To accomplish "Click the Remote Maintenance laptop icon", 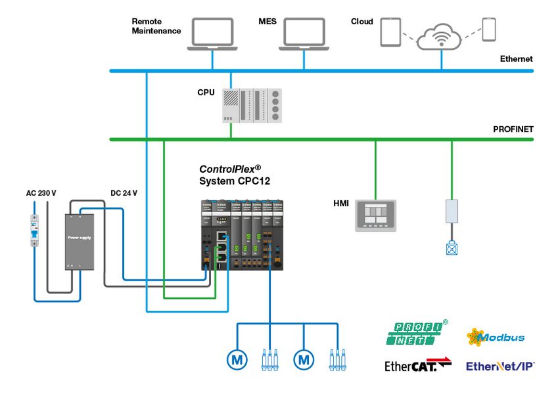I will pyautogui.click(x=212, y=33).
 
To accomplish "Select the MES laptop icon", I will pyautogui.click(x=303, y=33).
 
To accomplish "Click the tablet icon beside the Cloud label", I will pyautogui.click(x=390, y=32).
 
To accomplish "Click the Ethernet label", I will pyautogui.click(x=516, y=59).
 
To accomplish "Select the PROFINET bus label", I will pyautogui.click(x=513, y=129).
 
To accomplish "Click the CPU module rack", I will pyautogui.click(x=252, y=105).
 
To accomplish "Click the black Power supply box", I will pyautogui.click(x=79, y=241).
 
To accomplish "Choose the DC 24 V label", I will pyautogui.click(x=123, y=194).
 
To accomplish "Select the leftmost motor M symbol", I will pyautogui.click(x=237, y=359).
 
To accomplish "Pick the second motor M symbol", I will pyautogui.click(x=304, y=359).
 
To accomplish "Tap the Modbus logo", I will pyautogui.click(x=496, y=338).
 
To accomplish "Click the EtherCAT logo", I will pyautogui.click(x=419, y=366).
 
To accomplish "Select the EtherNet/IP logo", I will pyautogui.click(x=500, y=366).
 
